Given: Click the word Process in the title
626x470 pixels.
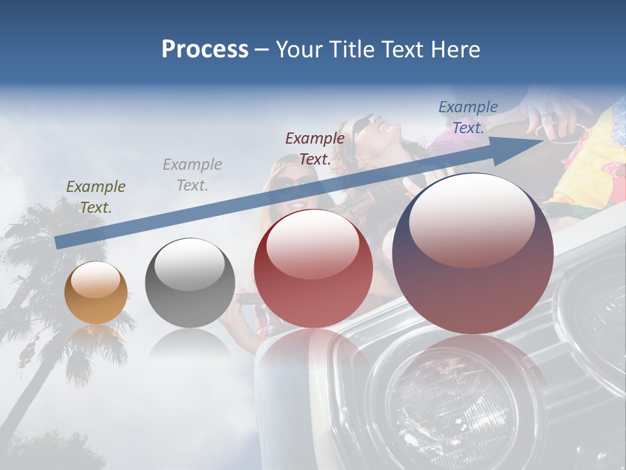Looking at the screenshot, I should coord(205,50).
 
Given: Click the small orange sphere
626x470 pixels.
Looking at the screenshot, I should coord(96,292).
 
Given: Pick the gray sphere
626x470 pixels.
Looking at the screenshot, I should coord(190,283).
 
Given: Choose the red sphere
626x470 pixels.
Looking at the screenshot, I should coord(313,268).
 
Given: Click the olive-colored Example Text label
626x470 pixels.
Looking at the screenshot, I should coord(96,197).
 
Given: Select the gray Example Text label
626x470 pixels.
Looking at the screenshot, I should coord(192,175).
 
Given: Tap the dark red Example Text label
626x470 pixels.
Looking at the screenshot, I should coord(315,149).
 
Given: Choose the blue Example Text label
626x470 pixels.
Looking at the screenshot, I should coord(468,117).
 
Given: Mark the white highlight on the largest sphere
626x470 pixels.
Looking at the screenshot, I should coord(471,219).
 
